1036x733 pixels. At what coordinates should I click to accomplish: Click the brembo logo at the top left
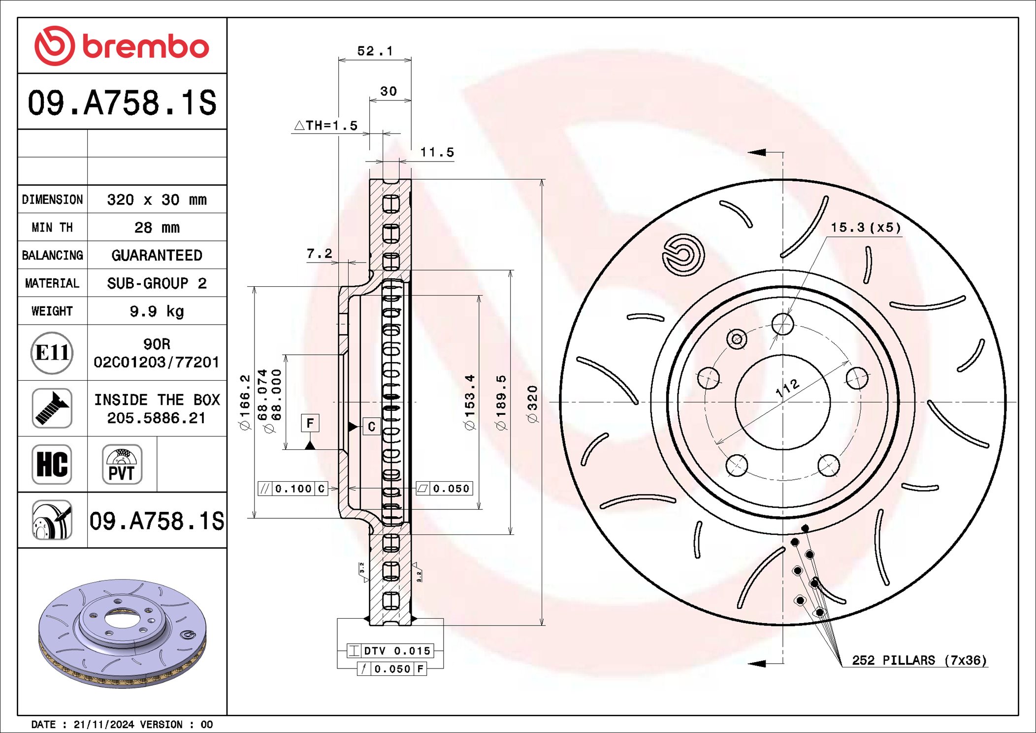(122, 46)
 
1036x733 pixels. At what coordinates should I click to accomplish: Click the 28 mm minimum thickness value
(157, 228)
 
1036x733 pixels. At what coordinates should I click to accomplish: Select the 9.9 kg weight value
(157, 311)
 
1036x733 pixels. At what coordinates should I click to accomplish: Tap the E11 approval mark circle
(52, 353)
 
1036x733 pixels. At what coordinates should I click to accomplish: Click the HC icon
(52, 465)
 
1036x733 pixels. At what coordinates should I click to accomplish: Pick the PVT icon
(122, 465)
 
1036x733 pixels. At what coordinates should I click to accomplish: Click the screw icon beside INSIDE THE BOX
(52, 408)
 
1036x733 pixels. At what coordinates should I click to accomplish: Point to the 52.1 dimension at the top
(375, 51)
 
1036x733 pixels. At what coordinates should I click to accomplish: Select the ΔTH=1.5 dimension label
(326, 126)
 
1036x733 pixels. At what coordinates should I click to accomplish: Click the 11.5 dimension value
(437, 153)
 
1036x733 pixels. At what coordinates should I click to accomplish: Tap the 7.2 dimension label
(319, 254)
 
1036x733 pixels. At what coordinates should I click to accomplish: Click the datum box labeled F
(310, 423)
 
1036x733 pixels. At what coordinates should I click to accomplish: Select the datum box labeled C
(371, 426)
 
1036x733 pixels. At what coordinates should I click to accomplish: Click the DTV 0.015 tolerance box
(390, 651)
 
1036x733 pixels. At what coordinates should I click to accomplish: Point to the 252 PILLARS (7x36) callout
(919, 660)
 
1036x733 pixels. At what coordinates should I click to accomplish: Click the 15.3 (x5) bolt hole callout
(866, 228)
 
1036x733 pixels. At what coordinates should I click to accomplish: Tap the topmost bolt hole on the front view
(782, 324)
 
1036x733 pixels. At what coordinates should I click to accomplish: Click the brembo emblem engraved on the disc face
(683, 255)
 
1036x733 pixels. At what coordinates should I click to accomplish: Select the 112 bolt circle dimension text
(787, 388)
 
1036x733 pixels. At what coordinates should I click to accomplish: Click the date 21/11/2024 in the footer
(103, 724)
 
